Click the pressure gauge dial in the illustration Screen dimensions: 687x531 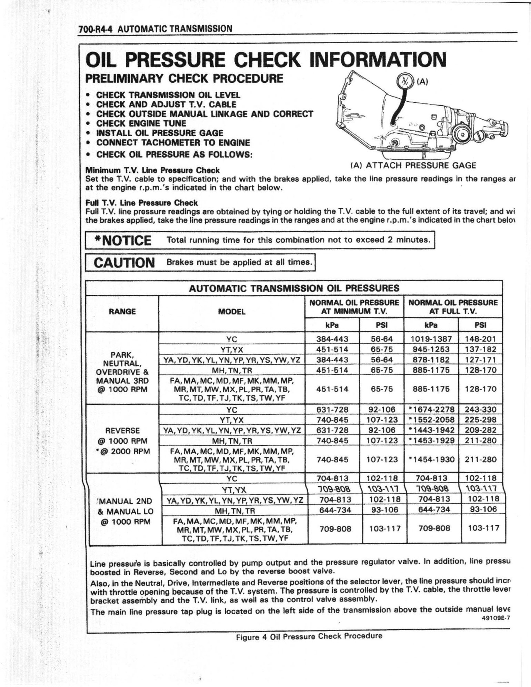point(405,82)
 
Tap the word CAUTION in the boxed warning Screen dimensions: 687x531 point(124,263)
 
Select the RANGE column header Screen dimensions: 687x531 point(122,312)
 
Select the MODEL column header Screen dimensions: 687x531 point(232,312)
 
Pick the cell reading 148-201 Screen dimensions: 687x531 point(480,339)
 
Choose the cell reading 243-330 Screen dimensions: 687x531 point(480,410)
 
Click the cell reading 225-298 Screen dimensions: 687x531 point(480,420)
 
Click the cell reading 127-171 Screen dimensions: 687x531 point(480,360)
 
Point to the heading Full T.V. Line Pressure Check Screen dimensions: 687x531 point(141,203)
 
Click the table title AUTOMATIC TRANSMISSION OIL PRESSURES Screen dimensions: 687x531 point(294,288)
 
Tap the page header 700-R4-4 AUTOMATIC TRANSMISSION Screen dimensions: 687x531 point(155,29)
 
